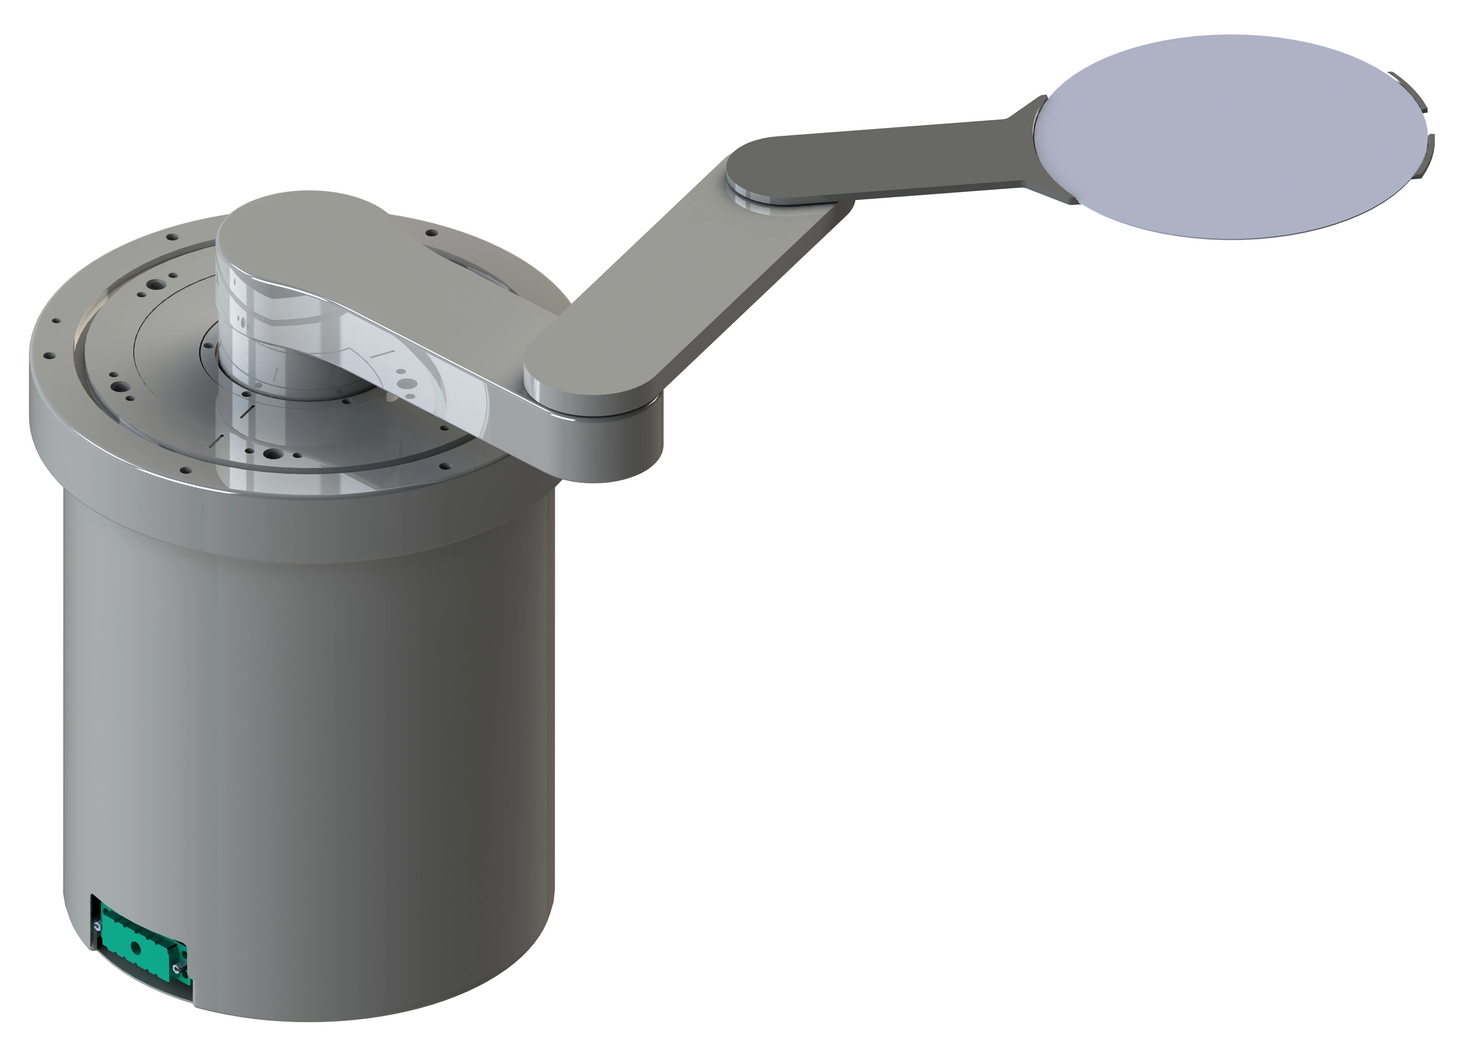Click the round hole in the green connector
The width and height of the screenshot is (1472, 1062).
[136, 949]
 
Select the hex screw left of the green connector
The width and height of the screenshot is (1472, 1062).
[97, 926]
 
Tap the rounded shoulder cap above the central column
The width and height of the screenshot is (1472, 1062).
[292, 234]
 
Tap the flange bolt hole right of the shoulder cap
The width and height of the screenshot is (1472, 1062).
[431, 232]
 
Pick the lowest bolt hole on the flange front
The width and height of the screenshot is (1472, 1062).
[186, 470]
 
